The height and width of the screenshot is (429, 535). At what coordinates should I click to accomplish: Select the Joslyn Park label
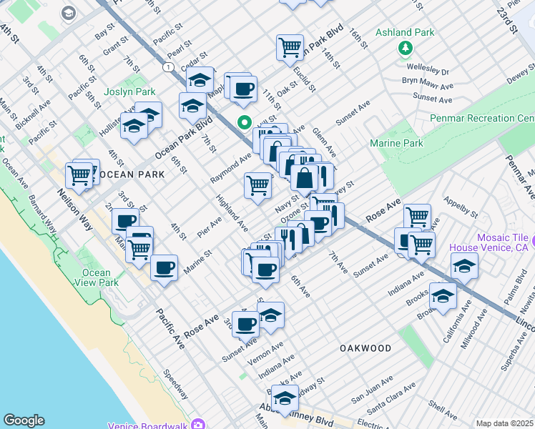[x=129, y=92]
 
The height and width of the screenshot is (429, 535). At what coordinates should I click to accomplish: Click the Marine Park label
[x=397, y=144]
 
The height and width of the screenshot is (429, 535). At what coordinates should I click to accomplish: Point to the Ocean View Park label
[x=96, y=277]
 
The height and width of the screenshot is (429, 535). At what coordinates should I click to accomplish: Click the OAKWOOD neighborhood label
[x=365, y=348]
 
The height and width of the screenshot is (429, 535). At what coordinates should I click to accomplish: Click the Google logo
[x=24, y=420]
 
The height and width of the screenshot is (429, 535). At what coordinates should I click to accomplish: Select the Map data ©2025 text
[x=505, y=423]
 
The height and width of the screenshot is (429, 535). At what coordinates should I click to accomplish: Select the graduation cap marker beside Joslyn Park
[x=148, y=114]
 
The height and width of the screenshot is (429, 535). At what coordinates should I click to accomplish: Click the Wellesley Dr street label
[x=426, y=71]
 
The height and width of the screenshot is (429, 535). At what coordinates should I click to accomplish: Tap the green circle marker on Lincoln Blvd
[x=245, y=122]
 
